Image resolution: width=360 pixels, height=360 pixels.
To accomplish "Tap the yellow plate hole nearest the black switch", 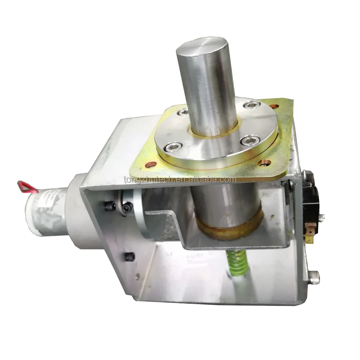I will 266,163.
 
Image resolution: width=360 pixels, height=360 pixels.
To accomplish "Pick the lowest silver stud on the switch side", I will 314,276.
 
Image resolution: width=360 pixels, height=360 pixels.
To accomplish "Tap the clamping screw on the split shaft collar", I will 126,208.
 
